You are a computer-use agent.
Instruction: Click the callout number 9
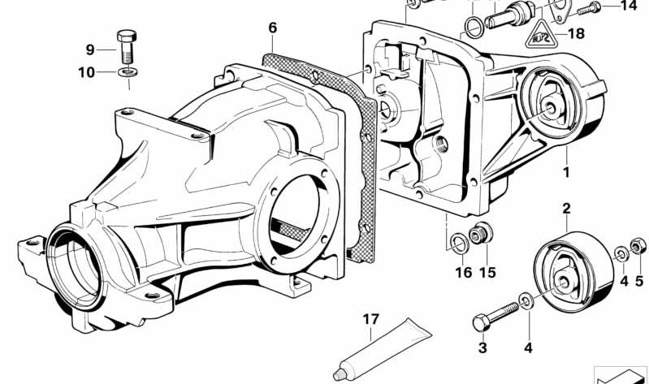tap(90, 50)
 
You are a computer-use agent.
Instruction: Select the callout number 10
tap(86, 73)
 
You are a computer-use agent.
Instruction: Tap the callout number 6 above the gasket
tap(272, 28)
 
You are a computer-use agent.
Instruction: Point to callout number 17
tap(371, 319)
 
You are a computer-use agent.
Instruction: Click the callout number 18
tap(576, 33)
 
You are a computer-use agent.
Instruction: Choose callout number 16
tap(464, 272)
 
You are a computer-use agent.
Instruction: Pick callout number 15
tap(487, 272)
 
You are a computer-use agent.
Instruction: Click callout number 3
tap(482, 348)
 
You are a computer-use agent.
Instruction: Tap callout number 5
tap(639, 282)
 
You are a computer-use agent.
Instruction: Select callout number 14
tap(630, 6)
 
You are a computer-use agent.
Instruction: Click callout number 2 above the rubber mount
tap(566, 209)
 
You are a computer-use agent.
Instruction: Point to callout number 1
tap(566, 172)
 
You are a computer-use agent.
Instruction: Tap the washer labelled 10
tap(128, 72)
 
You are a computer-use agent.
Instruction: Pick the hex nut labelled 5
tap(637, 246)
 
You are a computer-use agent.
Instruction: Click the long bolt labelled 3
tap(495, 316)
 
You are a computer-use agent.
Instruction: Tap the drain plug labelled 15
tap(481, 234)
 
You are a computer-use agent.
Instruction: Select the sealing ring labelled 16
tap(460, 244)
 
